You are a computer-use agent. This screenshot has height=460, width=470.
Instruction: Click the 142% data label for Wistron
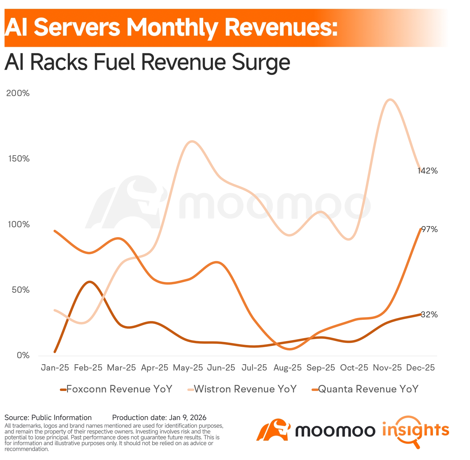coord(427,171)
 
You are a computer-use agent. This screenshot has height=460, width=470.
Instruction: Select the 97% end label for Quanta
coord(429,229)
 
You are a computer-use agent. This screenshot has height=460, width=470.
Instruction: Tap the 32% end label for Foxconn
coord(429,315)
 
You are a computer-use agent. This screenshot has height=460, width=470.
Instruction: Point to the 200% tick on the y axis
coord(18,93)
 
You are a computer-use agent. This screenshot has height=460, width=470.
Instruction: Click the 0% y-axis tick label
coord(23,356)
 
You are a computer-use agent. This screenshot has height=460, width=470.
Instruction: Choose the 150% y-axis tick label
coord(19,159)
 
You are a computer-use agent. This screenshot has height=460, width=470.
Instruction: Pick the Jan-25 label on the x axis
coord(55,368)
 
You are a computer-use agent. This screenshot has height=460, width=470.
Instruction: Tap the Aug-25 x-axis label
coord(287,368)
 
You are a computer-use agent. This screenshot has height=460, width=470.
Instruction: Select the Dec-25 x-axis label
coord(420,368)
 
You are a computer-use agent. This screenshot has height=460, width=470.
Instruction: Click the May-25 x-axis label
coord(188,368)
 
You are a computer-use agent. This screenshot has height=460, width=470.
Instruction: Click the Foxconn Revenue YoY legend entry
coord(119,389)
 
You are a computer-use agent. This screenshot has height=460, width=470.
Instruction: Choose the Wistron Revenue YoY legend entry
coord(245,389)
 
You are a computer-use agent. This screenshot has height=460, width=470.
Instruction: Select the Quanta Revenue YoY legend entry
coord(368,389)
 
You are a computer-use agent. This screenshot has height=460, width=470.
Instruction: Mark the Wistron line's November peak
coord(390,100)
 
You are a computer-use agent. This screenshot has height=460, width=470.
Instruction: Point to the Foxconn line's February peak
coord(89,282)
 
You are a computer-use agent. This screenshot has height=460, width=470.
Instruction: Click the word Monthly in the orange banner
coord(172,27)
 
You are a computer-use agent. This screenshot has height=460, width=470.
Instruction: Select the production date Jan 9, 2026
coord(188,418)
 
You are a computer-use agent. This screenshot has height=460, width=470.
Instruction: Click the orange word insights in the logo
coord(416,430)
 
